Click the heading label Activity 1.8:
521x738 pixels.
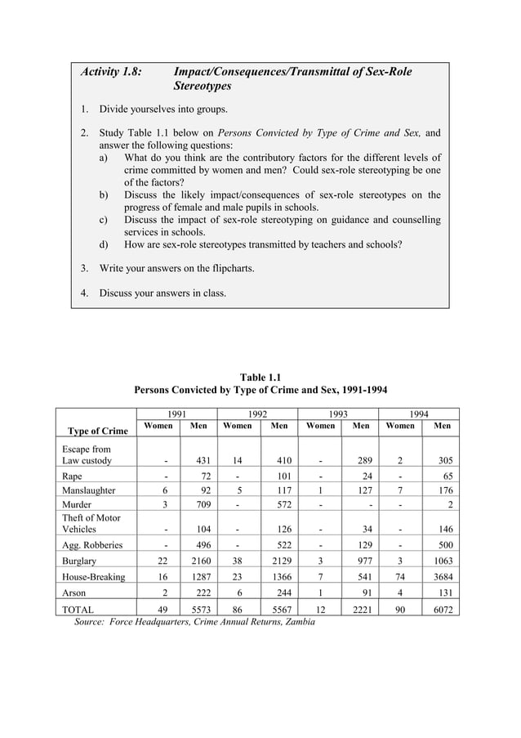coord(111,72)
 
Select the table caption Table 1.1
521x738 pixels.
coord(260,377)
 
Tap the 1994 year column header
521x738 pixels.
coord(418,414)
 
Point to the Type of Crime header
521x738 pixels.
coord(97,431)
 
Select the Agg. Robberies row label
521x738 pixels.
coord(92,544)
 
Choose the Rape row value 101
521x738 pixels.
coord(283,475)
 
